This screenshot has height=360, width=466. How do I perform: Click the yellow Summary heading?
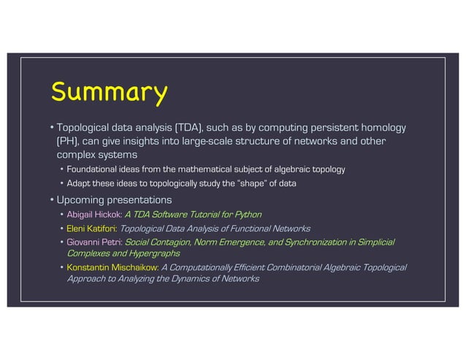click(x=109, y=93)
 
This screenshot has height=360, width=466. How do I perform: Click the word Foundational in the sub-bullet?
click(x=96, y=169)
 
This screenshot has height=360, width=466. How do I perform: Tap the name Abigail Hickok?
click(x=94, y=214)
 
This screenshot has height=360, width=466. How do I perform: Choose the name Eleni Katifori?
click(x=92, y=229)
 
